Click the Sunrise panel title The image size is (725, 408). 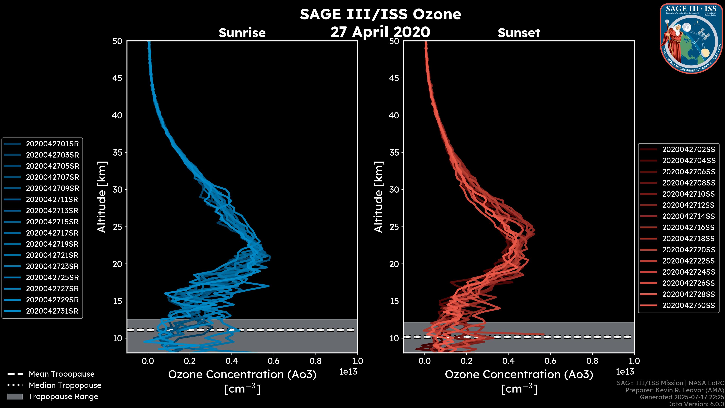click(x=242, y=33)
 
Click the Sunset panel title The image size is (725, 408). click(x=519, y=33)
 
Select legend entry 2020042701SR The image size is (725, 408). click(x=52, y=144)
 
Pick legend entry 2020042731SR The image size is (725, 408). click(x=52, y=311)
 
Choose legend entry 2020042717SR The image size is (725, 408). click(x=52, y=233)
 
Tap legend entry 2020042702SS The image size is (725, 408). click(x=688, y=150)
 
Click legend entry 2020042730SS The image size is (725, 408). click(x=688, y=305)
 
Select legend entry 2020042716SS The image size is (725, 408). click(x=688, y=227)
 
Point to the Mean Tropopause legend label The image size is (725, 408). click(x=62, y=374)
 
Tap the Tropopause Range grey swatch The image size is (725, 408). click(x=15, y=396)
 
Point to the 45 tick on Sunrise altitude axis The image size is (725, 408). click(x=117, y=78)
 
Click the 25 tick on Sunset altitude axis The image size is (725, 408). click(x=394, y=227)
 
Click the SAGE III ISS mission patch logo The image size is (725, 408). click(x=691, y=39)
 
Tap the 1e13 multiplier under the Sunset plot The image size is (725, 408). click(x=625, y=372)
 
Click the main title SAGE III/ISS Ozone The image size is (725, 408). click(x=380, y=14)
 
